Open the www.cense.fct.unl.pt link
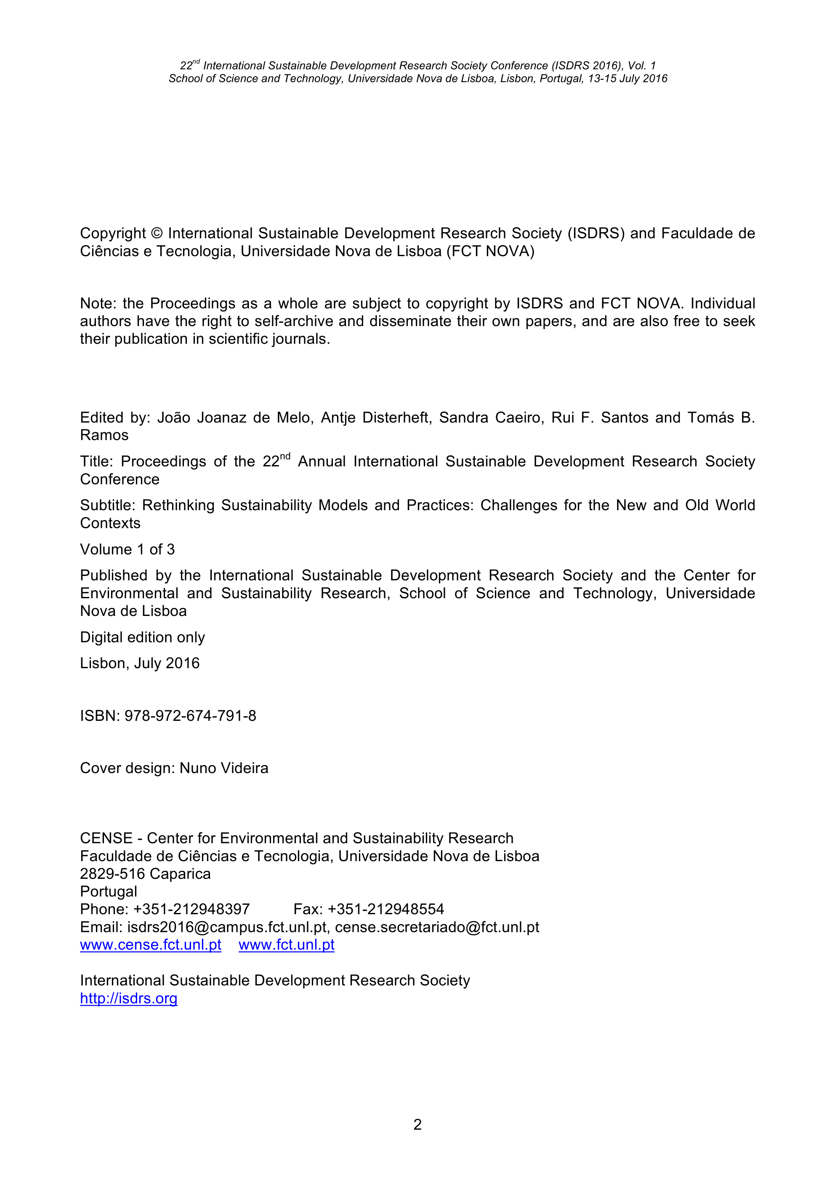click(x=150, y=945)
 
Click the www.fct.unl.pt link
click(x=286, y=945)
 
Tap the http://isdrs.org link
click(x=129, y=998)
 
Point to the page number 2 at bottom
click(x=417, y=1124)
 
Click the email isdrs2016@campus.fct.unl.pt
click(x=227, y=927)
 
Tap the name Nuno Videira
click(x=224, y=768)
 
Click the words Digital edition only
click(x=143, y=637)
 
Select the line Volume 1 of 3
click(x=127, y=549)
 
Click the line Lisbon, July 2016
click(x=139, y=663)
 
